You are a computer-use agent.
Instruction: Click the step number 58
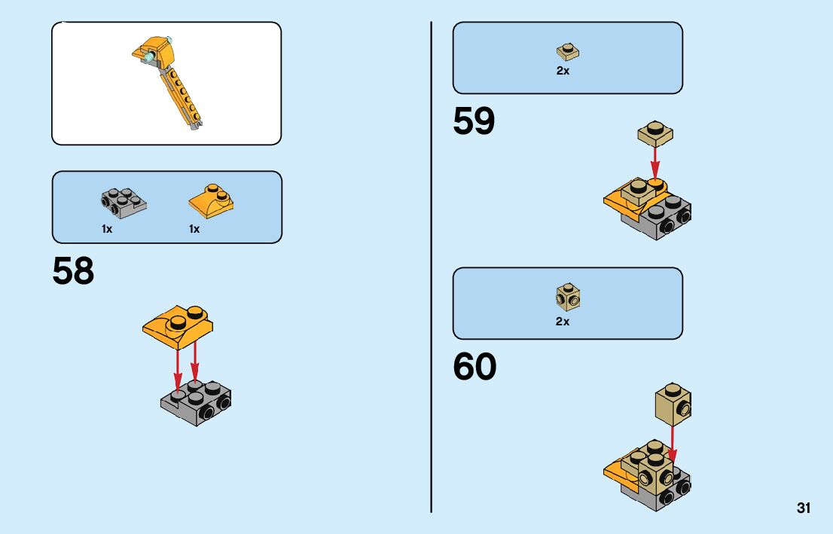point(73,272)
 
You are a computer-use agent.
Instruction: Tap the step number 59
point(474,122)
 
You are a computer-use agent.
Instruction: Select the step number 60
point(474,368)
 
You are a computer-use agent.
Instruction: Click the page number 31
point(804,508)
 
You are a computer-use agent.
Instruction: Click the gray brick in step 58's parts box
point(124,200)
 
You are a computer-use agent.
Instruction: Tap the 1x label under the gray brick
point(107,229)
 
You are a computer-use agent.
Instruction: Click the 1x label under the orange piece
point(194,229)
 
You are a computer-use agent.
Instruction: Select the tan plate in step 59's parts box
point(568,51)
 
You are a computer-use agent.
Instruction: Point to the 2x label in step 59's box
point(563,72)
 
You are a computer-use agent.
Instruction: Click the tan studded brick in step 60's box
point(568,296)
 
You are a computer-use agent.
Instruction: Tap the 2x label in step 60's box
point(563,322)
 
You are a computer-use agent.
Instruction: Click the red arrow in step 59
point(655,162)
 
